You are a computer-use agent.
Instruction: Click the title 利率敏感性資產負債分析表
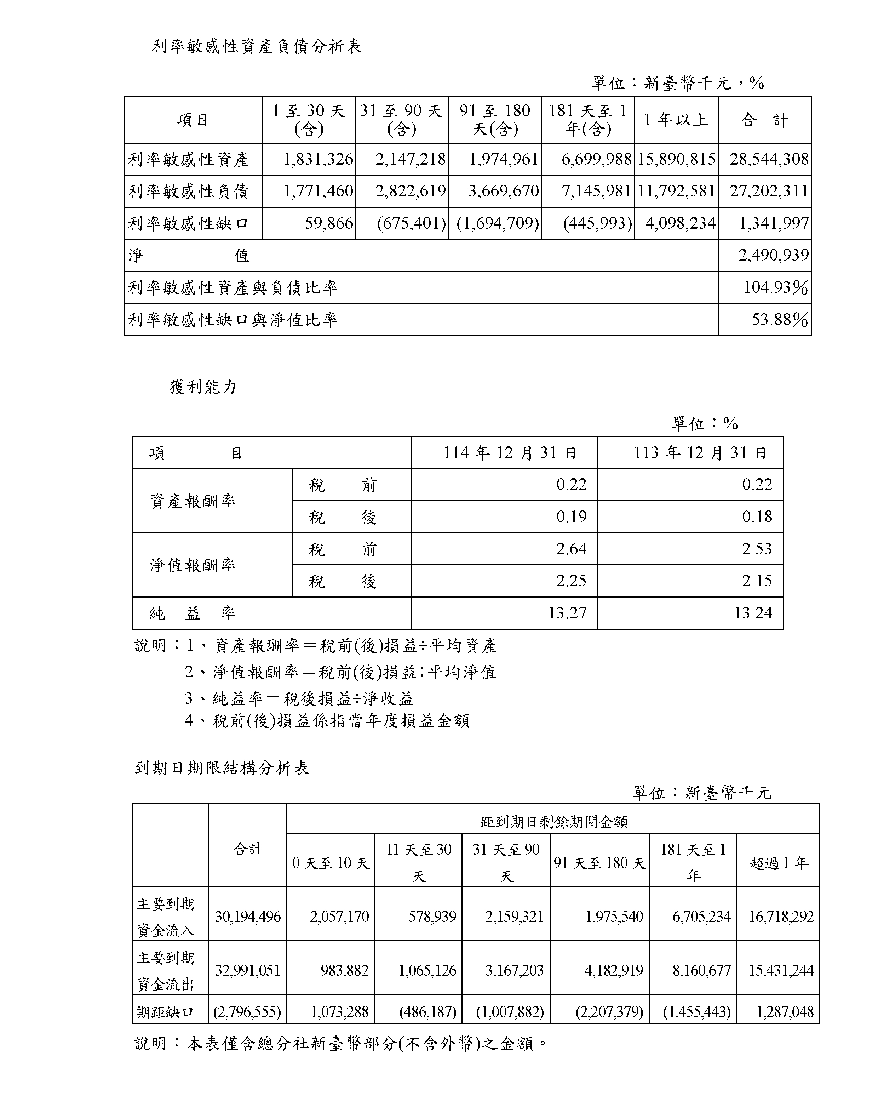point(257,47)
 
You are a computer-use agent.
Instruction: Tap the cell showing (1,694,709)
point(498,223)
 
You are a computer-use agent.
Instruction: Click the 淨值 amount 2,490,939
point(773,255)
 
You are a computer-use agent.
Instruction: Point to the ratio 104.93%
point(775,288)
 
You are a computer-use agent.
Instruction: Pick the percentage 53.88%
point(779,320)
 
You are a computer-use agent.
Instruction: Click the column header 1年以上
point(676,120)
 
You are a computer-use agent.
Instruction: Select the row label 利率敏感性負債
point(189,192)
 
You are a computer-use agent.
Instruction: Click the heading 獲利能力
point(203,387)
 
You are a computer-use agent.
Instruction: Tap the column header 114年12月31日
point(510,453)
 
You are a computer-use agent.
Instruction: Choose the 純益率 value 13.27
point(567,613)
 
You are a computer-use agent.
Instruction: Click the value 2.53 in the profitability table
point(757,549)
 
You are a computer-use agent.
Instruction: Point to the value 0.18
point(757,517)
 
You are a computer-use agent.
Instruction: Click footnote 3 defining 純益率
point(299,698)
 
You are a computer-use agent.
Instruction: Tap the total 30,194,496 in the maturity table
point(247,917)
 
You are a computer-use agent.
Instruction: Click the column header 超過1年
point(778,863)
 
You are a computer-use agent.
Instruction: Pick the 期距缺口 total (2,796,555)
point(247,1012)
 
